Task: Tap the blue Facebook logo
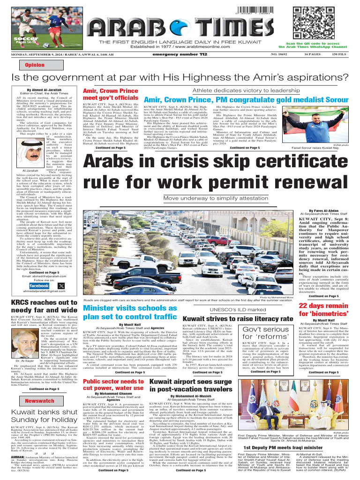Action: pos(52,285)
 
